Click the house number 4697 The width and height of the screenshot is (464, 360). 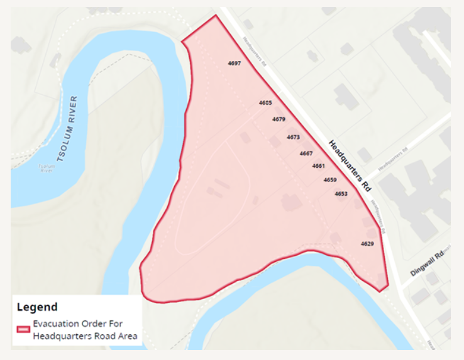234,64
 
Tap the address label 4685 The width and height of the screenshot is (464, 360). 265,102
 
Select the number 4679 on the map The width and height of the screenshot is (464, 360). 279,119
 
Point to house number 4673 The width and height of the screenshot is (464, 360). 293,137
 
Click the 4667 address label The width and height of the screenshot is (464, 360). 306,153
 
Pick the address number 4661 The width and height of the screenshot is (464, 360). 318,166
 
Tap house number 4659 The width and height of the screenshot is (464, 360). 330,180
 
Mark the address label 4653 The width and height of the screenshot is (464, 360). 341,194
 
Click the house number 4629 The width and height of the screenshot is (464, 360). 368,243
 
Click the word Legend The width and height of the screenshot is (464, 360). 37,307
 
